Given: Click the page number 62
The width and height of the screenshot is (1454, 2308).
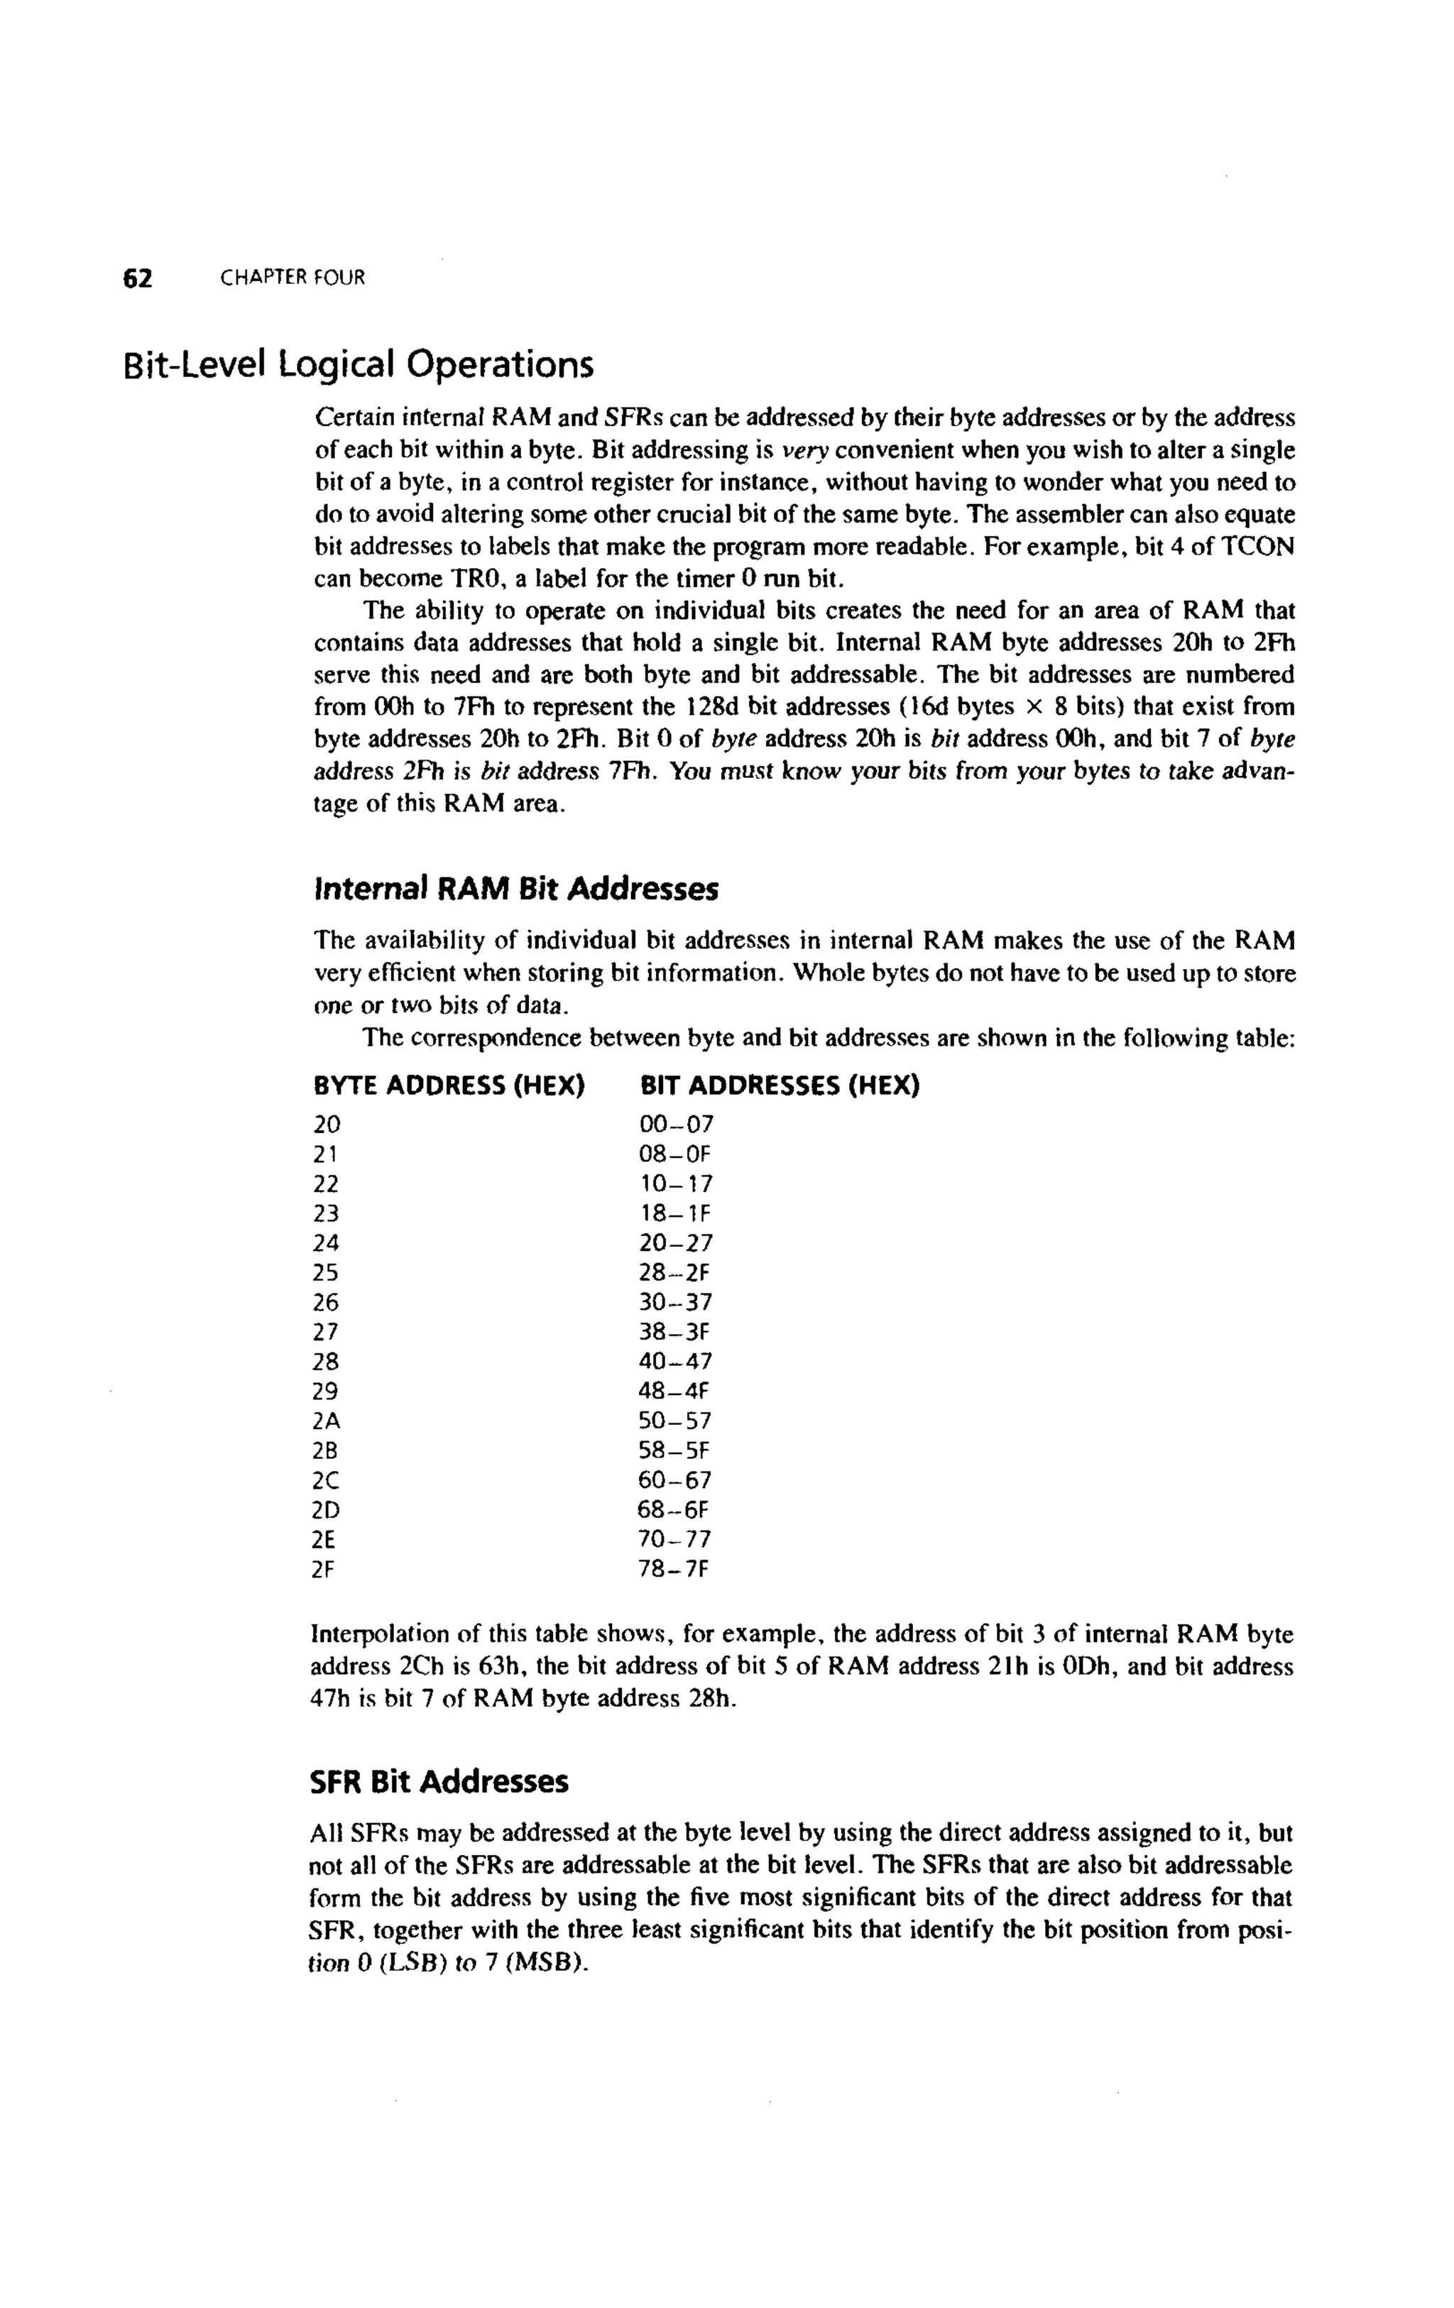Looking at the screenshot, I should [138, 278].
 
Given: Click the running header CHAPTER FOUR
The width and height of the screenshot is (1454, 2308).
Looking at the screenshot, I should [293, 278].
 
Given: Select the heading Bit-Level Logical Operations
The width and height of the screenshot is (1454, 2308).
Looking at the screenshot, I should [359, 365].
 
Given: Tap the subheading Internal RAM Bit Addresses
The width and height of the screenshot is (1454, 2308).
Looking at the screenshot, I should [515, 890].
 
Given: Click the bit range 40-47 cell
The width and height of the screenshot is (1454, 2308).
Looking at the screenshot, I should [676, 1362].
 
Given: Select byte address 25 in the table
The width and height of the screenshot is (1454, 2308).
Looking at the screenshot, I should [326, 1273].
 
